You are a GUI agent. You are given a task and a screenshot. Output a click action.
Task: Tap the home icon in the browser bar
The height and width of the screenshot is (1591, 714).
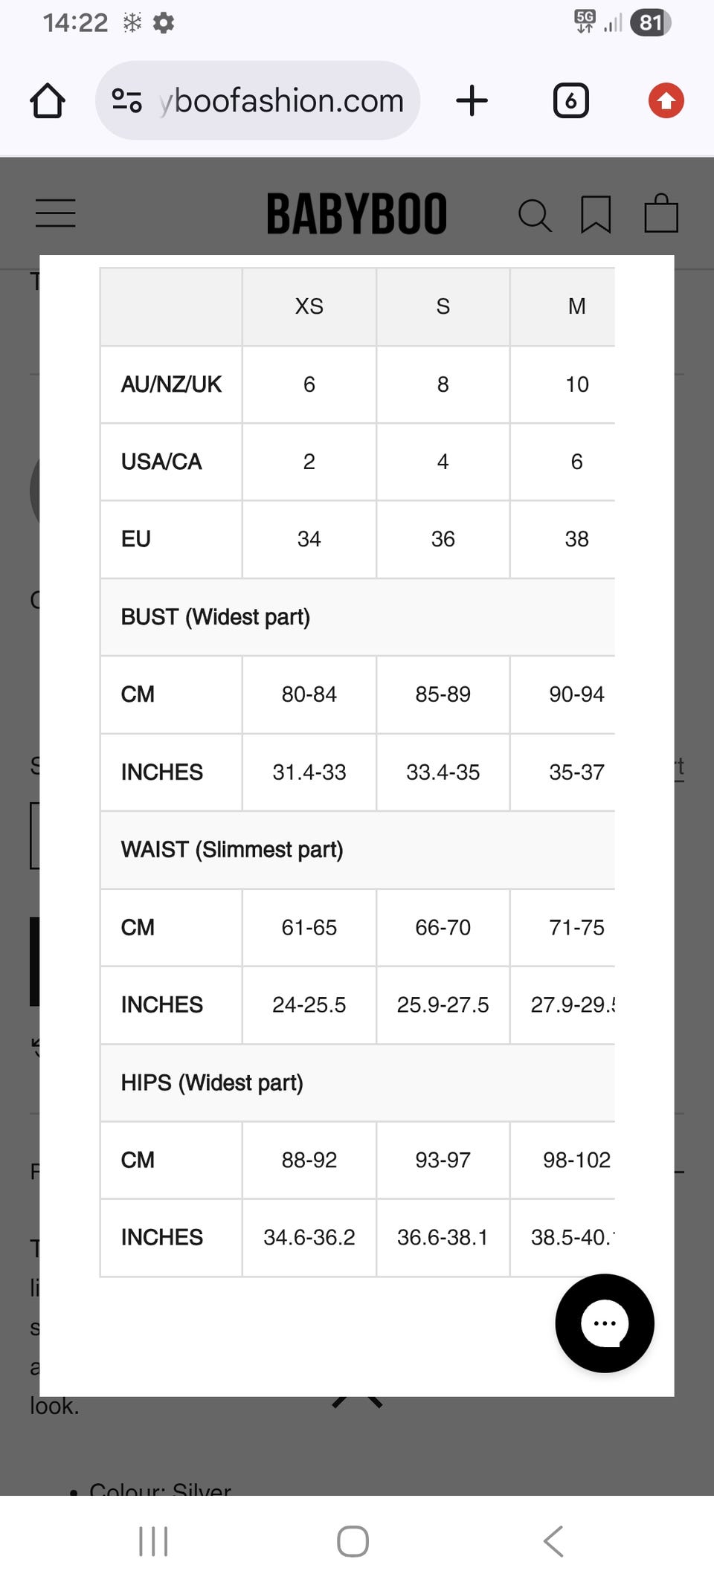tap(48, 100)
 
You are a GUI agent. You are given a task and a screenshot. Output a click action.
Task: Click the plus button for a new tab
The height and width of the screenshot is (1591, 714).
tap(472, 100)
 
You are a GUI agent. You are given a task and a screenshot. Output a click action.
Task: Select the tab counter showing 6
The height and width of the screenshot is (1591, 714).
tap(570, 100)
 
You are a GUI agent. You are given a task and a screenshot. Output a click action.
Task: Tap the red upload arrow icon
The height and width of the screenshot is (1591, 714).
tap(666, 100)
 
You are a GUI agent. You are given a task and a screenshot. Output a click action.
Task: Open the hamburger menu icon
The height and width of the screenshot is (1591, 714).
tap(56, 213)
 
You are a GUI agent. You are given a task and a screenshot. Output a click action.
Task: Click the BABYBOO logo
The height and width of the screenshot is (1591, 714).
tap(357, 214)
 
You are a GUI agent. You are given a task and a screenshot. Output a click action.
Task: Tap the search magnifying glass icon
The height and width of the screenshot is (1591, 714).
tap(534, 216)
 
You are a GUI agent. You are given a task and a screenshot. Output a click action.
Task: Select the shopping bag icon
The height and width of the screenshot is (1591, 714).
tap(661, 214)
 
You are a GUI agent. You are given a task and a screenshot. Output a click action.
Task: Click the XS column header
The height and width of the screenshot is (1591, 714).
tap(309, 306)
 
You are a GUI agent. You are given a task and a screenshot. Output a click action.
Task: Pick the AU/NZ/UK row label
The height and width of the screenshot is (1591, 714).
tap(171, 384)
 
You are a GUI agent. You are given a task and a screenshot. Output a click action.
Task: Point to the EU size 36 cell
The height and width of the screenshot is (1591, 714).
tap(443, 539)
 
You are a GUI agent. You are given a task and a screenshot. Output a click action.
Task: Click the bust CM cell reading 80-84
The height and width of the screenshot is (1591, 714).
tap(309, 694)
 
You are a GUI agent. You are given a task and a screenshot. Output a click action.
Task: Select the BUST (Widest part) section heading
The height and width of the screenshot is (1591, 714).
tap(216, 617)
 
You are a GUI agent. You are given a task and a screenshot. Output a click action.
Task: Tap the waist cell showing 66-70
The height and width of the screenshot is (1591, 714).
tap(443, 928)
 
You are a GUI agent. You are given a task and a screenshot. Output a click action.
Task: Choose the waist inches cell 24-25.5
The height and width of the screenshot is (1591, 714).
tap(309, 1005)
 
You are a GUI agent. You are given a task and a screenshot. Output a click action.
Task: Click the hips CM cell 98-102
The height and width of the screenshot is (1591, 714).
tap(576, 1160)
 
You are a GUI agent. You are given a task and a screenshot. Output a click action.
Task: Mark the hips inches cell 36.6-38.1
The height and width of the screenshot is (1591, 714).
tap(443, 1237)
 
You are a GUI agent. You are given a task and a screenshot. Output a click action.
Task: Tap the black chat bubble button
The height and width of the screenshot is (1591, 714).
tap(605, 1323)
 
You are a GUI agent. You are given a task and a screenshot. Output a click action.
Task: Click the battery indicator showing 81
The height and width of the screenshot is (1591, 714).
tap(650, 22)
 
